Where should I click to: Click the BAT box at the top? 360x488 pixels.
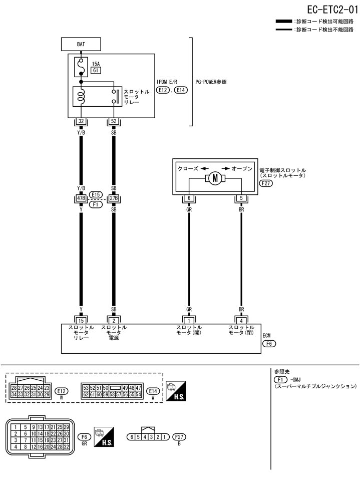[81, 44]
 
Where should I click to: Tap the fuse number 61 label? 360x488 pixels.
[96, 71]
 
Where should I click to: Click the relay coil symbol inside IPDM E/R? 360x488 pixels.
[81, 95]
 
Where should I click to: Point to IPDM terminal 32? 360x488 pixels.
[81, 121]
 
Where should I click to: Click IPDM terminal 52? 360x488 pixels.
[114, 121]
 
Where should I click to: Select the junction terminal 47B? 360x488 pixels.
[81, 198]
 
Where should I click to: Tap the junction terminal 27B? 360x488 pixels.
[114, 198]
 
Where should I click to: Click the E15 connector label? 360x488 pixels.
[96, 194]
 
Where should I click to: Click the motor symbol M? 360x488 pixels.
[215, 178]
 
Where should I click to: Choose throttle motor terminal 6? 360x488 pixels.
[189, 198]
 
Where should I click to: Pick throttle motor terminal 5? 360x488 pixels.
[241, 198]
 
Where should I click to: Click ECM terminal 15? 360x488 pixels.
[81, 320]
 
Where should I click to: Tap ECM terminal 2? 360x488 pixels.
[114, 320]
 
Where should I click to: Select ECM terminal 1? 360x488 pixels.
[189, 320]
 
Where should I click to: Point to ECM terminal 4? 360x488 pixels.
[241, 320]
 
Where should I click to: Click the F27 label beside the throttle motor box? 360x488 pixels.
[266, 184]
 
